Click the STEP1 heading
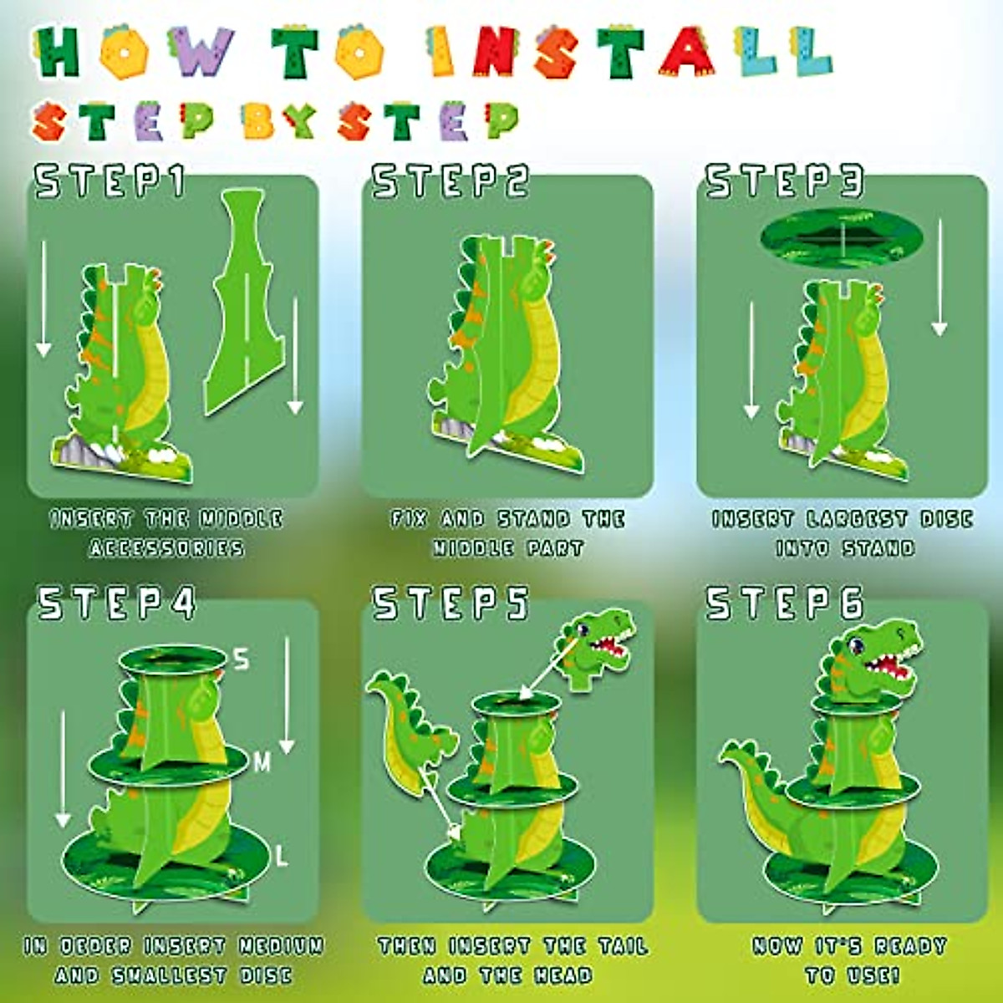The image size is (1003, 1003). pos(109,181)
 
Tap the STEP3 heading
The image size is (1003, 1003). pos(783,181)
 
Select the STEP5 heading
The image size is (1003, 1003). pos(450,603)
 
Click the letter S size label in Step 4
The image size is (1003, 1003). pos(242,659)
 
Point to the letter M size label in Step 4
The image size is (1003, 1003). pos(262,761)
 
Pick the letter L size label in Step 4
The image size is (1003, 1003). pos(281,856)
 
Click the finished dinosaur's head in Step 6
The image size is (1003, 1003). pos(869,660)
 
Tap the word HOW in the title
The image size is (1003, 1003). pos(134,52)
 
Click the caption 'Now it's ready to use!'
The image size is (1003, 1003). pos(849,960)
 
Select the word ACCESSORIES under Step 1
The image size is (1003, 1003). pos(167,548)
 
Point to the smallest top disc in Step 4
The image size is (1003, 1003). pos(173,660)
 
